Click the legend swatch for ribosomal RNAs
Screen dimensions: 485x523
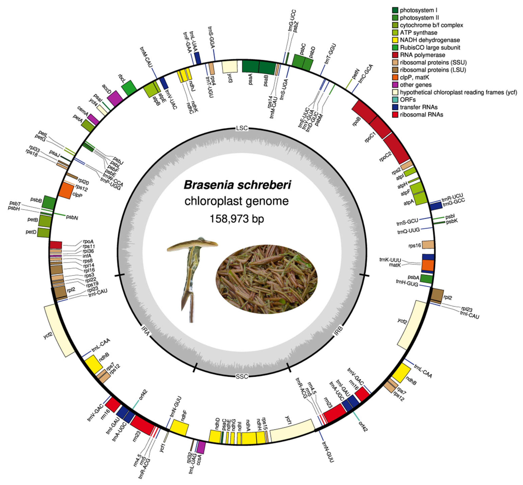[x=395, y=114]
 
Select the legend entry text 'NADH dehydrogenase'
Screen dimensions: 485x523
[x=429, y=40]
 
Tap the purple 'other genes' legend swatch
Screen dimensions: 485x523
[x=395, y=85]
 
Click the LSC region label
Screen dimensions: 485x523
[x=241, y=128]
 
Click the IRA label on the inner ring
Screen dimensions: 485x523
[x=145, y=331]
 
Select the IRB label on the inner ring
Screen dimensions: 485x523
[x=338, y=331]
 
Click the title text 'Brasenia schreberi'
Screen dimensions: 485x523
[x=237, y=185]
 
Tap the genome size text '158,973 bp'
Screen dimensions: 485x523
[x=237, y=218]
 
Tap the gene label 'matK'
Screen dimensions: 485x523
[x=395, y=265]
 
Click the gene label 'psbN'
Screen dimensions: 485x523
[x=72, y=218]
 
